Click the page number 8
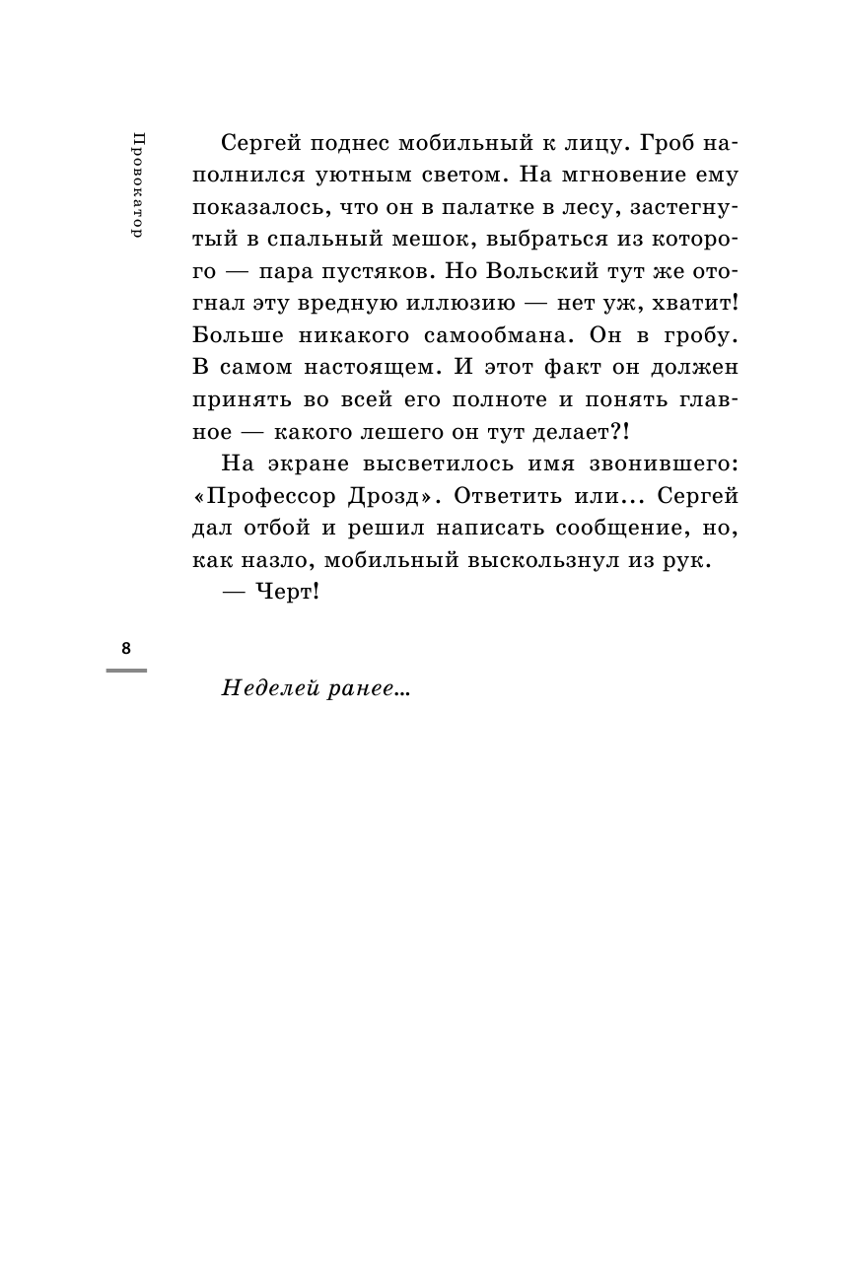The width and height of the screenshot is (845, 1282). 125,648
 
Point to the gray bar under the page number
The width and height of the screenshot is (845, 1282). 125,671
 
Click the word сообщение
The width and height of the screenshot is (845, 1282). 617,527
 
